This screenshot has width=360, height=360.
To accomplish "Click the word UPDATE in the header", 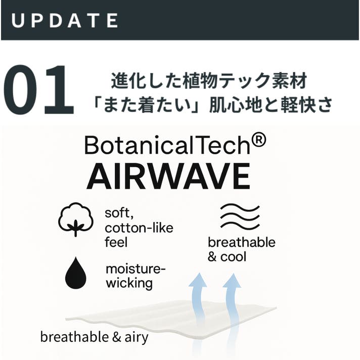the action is coord(65,20).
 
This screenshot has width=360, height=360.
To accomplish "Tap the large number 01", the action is coord(38,89).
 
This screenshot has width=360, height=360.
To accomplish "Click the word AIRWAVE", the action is coord(168,176).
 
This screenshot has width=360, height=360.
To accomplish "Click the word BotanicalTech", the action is coord(167,145).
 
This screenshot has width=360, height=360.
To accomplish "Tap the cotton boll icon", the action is coord(76,219).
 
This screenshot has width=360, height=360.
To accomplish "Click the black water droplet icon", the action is coord(76,273).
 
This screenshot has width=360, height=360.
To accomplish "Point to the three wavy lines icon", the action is coord(240,216).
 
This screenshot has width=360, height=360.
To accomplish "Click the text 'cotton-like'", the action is coord(139,228).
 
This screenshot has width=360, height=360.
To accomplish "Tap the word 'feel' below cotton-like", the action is coord(116,242).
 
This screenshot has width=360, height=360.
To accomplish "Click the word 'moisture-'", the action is coord(136,268).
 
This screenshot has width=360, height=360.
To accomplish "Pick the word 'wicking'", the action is coord(129,283).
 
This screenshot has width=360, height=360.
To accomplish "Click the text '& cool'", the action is coord(227,257).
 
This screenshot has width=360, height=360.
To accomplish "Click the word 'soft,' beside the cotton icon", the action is coord(119,213).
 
